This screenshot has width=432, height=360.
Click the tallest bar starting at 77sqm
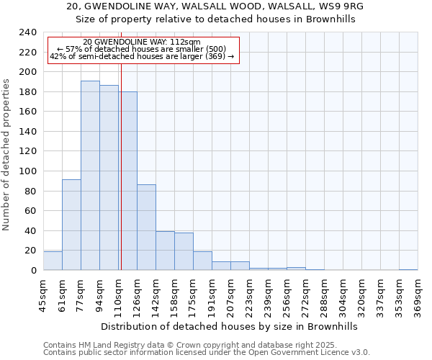tap(90, 176)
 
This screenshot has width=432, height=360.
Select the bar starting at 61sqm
tap(71, 225)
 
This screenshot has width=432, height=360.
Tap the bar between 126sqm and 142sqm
tap(146, 228)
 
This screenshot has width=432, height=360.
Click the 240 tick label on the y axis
tap(27, 32)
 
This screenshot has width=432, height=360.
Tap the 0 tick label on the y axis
tap(33, 271)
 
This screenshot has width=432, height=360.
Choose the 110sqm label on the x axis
tap(118, 295)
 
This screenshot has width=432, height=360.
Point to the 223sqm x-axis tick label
tap(249, 295)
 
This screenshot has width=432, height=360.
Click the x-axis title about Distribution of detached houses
tap(229, 326)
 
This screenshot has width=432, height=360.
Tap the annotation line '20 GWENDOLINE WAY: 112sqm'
tap(142, 42)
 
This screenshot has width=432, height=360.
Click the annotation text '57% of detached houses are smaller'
tap(142, 50)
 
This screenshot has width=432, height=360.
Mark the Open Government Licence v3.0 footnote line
tap(206, 353)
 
